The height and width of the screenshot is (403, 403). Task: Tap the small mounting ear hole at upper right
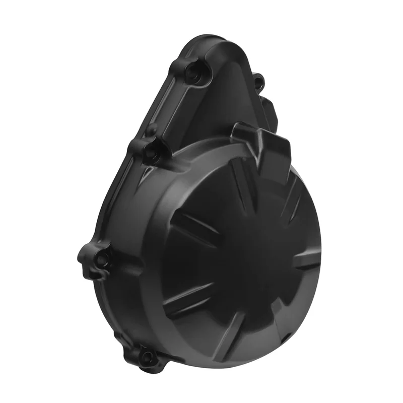(258, 81)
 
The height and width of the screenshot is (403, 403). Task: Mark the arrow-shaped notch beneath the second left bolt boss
(147, 174)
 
